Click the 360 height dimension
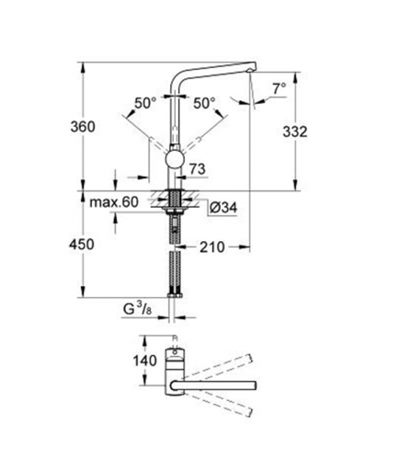83,126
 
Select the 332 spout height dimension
295,132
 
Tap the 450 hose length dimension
82,245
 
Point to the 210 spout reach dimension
212,247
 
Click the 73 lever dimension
198,168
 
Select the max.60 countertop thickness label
114,202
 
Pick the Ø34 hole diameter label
223,208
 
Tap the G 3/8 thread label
137,309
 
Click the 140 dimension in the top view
144,361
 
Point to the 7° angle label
279,88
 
